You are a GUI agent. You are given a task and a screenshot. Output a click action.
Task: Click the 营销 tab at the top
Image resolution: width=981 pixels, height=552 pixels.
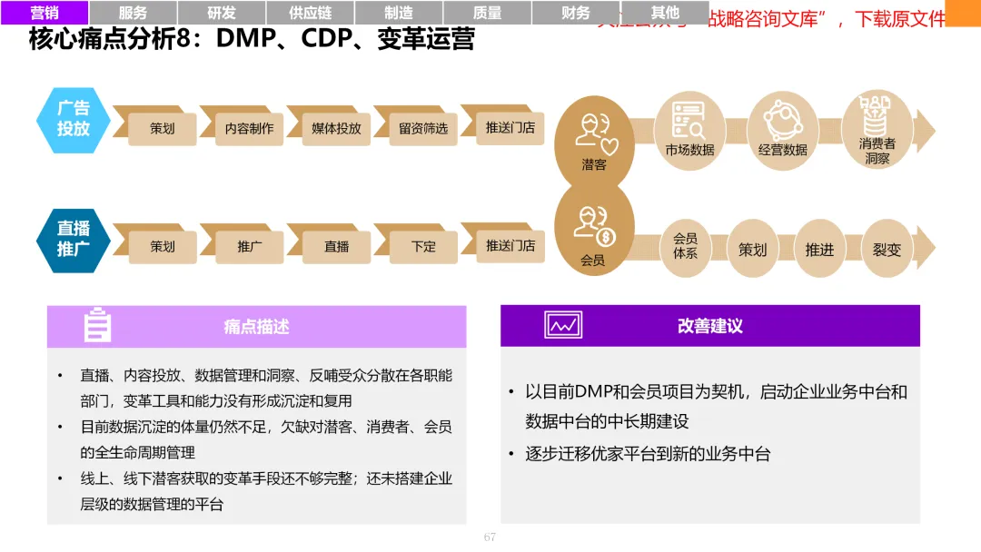click(45, 13)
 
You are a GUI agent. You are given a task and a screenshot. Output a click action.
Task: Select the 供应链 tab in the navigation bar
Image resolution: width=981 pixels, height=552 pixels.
click(310, 13)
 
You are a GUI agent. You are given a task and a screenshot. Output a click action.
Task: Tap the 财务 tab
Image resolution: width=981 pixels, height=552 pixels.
click(576, 13)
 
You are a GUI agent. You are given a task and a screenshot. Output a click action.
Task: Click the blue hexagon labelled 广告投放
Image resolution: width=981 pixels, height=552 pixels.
click(74, 120)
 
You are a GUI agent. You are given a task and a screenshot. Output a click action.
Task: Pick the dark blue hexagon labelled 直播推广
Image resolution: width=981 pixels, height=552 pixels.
click(74, 239)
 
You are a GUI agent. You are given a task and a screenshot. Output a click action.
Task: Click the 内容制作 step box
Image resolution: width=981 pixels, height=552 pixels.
click(249, 128)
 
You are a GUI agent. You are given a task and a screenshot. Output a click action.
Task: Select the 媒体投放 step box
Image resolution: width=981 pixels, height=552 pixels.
click(336, 128)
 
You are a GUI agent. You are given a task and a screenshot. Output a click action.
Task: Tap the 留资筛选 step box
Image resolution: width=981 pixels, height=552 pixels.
click(423, 128)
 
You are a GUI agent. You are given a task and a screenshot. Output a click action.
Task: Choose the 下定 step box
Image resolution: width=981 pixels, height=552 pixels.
click(423, 246)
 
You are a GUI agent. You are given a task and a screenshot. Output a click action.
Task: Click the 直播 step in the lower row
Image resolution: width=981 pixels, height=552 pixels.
click(336, 246)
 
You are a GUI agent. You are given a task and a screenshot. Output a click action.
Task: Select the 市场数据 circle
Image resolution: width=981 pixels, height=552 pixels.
click(689, 131)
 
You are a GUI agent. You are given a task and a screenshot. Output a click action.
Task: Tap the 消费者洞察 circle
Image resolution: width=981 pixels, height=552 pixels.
click(877, 131)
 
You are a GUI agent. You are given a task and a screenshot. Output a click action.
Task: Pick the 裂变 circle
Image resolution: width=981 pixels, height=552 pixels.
click(887, 248)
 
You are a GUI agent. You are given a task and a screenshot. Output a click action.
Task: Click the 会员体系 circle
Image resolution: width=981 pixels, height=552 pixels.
click(685, 247)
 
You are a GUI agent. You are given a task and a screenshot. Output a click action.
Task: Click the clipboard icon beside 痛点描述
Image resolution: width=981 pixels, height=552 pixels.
click(97, 326)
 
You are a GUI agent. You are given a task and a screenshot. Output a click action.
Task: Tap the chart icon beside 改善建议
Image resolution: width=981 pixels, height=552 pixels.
click(563, 325)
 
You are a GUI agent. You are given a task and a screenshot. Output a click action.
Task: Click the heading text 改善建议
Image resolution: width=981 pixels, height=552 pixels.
click(709, 326)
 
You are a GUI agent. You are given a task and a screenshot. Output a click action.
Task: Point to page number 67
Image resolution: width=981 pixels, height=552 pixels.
click(490, 537)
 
